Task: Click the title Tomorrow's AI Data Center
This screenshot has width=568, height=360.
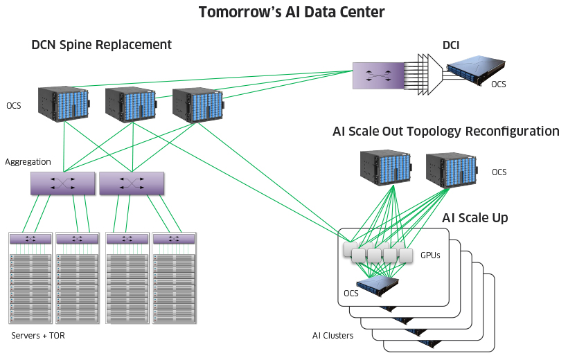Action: point(291,12)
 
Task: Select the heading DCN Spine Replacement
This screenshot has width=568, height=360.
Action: point(101,45)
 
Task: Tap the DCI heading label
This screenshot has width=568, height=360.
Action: point(451,45)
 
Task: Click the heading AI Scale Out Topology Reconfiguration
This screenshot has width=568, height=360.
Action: point(445,131)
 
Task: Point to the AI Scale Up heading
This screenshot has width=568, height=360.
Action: point(474,218)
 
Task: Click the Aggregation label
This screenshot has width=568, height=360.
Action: point(28,161)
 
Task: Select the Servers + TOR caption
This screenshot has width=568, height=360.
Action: point(38,336)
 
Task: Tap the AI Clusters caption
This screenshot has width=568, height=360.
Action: point(332,336)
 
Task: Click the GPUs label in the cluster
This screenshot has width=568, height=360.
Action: point(431,255)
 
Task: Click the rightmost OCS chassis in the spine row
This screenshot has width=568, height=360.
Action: point(197,104)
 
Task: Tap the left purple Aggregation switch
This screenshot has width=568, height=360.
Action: point(62,183)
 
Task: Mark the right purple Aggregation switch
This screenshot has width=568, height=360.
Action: point(132,183)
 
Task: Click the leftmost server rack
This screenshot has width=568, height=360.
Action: point(30,277)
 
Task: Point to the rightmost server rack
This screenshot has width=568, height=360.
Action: point(173,277)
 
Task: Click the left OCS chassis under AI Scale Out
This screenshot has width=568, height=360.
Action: point(385,168)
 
